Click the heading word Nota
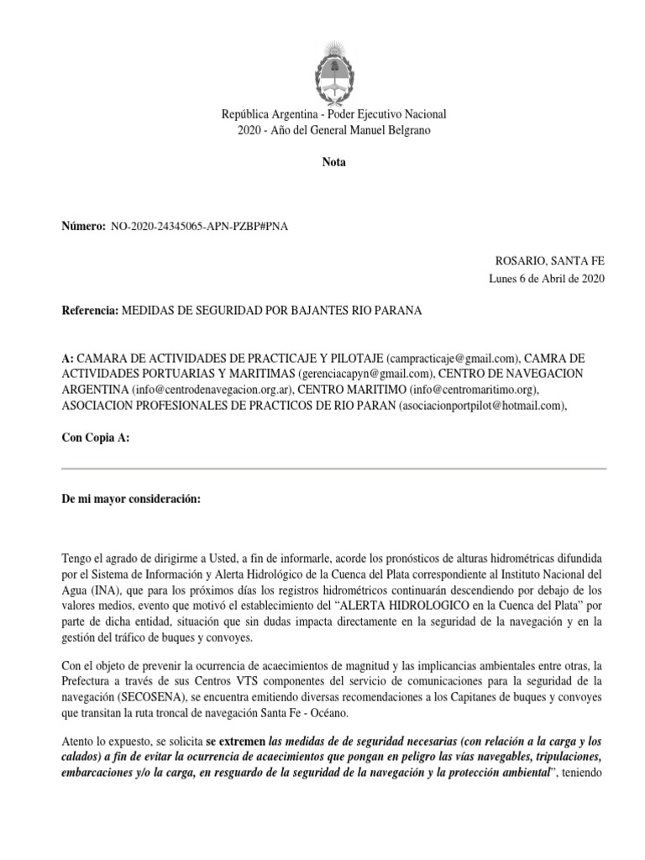333,162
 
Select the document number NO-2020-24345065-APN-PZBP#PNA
199,227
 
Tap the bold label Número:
84,227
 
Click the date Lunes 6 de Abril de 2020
547,280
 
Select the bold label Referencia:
92,311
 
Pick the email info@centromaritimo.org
473,390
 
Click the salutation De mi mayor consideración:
132,500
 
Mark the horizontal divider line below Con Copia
333,469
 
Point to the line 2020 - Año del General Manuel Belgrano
333,130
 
